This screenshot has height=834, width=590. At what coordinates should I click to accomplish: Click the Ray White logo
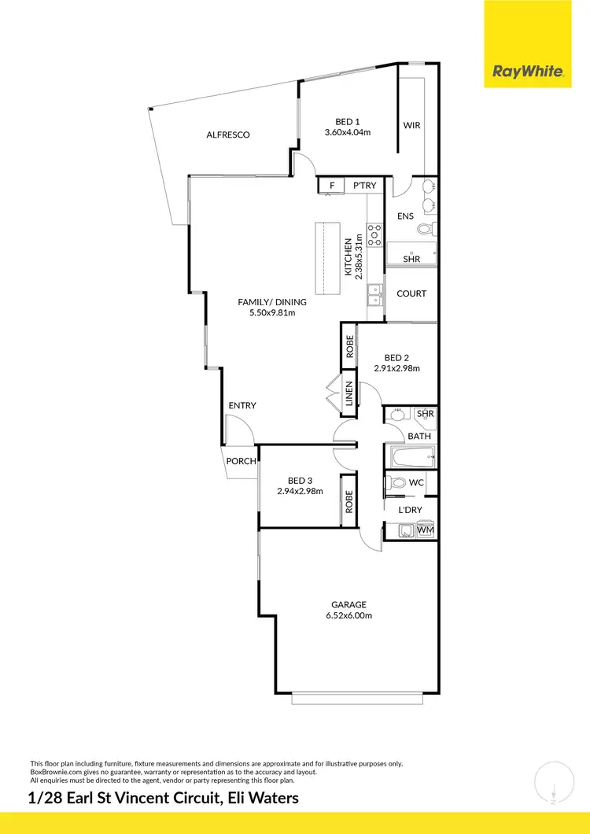coord(528,72)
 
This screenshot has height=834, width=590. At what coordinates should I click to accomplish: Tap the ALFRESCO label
coord(228,135)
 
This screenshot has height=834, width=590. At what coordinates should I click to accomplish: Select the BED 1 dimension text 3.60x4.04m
coord(348,132)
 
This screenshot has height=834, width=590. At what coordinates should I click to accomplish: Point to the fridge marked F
coord(332,186)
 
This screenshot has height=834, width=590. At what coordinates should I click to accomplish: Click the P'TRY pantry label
coord(364,186)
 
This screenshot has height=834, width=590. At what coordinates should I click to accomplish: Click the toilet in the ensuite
coord(424,229)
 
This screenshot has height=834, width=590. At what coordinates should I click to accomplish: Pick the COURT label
coord(411,293)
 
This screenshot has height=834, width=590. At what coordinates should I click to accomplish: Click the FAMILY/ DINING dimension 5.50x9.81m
coord(272,312)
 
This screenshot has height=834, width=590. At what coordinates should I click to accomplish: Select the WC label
coord(417,482)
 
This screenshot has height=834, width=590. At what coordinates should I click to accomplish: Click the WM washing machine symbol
coord(426,531)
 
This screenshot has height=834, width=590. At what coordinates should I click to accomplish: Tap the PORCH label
coord(241,461)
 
